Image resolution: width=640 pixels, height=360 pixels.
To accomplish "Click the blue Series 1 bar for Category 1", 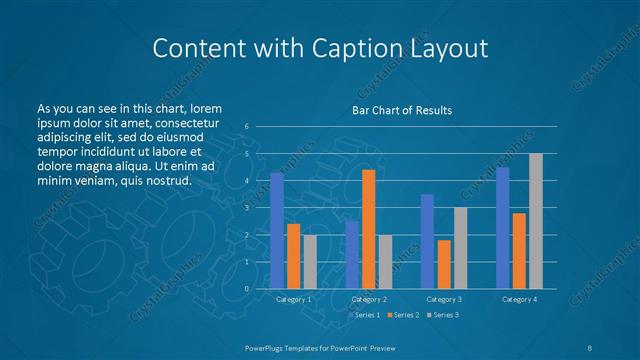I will point(277,231).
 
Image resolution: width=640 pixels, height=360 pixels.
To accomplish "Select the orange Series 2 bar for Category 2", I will point(369,229).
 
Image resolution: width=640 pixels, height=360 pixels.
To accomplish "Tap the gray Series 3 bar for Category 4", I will point(536,221).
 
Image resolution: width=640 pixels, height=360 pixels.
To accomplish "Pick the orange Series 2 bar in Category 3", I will point(444,264).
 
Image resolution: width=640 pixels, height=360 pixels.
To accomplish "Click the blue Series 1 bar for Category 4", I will point(503,228).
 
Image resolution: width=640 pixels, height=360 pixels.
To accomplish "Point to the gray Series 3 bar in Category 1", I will point(310,262).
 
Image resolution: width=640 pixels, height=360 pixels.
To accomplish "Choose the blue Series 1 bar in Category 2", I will point(352,254).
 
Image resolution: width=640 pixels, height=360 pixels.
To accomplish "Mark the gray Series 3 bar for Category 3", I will point(461,248).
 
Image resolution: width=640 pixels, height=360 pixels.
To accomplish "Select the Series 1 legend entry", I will point(363,315).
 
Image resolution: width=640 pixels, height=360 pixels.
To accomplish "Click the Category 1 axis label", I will point(293,299).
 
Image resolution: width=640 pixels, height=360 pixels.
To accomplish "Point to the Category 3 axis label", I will point(444,299).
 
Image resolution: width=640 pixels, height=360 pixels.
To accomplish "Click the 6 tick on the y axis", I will point(246,127).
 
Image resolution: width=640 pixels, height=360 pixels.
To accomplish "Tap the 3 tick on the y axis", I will point(246,208).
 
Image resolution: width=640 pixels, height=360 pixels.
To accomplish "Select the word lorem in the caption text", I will point(205,108).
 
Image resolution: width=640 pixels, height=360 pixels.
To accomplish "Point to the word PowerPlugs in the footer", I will point(269,347).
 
